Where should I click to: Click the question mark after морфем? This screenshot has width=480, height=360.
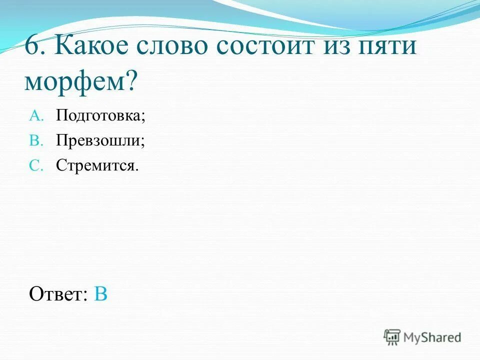(131, 80)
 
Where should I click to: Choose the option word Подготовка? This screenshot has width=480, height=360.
(98, 116)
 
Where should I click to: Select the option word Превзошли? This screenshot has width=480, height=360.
(98, 140)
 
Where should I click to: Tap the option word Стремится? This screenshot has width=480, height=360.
(95, 165)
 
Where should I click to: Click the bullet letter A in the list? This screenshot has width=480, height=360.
(37, 116)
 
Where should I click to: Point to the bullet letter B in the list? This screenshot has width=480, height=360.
(37, 140)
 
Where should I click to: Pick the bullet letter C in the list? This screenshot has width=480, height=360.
(37, 165)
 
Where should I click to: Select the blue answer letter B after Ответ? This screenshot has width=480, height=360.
(100, 294)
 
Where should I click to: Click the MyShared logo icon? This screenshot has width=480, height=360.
(392, 337)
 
